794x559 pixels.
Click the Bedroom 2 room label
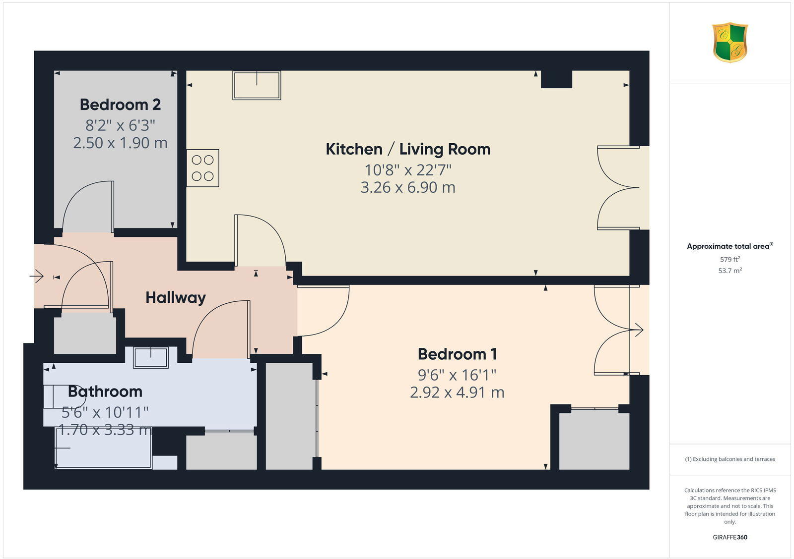pos(120,105)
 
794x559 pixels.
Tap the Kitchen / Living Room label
pos(408,149)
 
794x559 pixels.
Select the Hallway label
pos(176,298)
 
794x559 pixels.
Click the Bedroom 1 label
pos(457,354)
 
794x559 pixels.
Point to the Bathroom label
pos(105,391)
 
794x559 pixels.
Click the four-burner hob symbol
pos(202,168)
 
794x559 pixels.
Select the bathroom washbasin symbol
pos(151,357)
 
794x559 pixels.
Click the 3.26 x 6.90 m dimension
pos(408,187)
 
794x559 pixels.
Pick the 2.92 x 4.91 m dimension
pos(457,392)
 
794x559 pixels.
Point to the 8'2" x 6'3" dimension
pos(120,124)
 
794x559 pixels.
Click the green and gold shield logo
pos(730,43)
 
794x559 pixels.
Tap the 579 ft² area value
pos(730,259)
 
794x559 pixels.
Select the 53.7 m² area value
pos(730,271)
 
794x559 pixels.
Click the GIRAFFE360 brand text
pos(730,537)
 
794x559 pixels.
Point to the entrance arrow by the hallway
pos(37,276)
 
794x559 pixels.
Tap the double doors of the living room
pos(618,188)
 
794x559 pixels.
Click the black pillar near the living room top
pos(556,79)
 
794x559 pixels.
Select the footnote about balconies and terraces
pos(730,459)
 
